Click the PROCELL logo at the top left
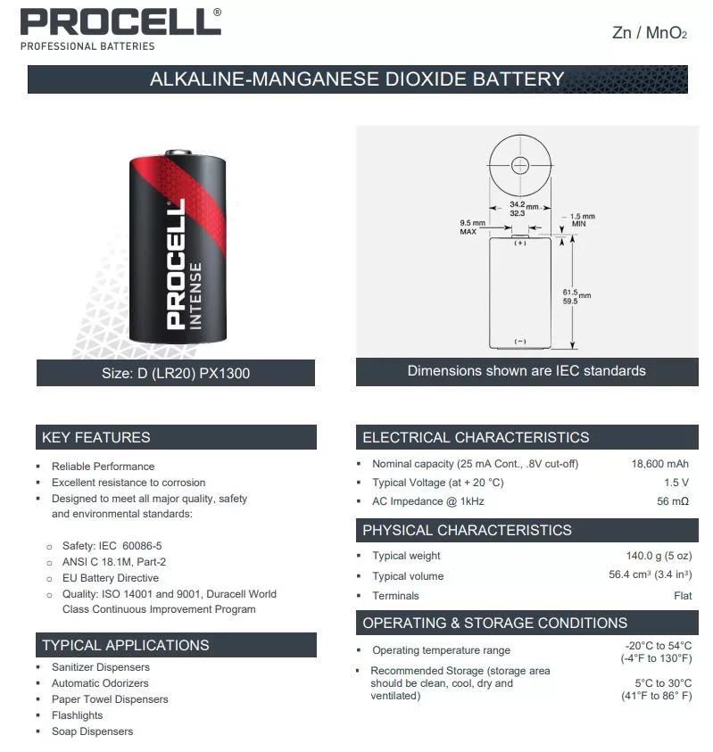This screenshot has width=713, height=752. (120, 21)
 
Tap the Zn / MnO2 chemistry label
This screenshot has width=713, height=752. (650, 34)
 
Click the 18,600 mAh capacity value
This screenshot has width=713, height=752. (659, 464)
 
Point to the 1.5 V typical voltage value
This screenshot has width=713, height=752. (676, 483)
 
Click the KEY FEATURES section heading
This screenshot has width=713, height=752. (95, 437)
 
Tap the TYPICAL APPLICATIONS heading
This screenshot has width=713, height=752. (125, 645)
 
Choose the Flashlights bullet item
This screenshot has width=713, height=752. (77, 715)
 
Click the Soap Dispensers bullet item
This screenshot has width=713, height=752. (92, 731)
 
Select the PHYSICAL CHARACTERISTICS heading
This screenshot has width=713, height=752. (467, 530)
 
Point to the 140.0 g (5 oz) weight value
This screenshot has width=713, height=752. (659, 556)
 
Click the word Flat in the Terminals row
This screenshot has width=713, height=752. (683, 596)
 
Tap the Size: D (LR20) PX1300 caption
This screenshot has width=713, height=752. (176, 373)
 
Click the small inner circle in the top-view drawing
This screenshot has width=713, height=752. (521, 164)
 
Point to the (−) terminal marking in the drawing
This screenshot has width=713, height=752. (520, 342)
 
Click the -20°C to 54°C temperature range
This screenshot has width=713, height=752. (659, 645)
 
